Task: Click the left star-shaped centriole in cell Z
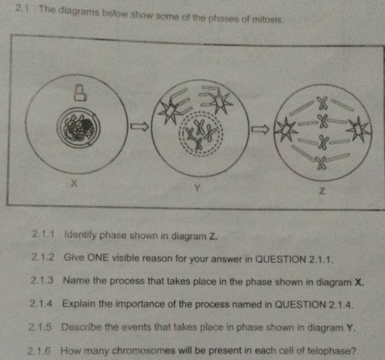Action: pos(288,129)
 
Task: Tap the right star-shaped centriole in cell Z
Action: pos(358,129)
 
